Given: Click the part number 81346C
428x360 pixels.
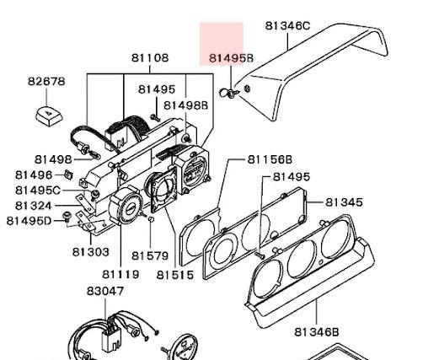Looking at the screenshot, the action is tap(287, 26).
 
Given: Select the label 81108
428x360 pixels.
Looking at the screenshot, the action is tap(150, 58).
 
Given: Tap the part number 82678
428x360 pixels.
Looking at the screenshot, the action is tap(46, 81).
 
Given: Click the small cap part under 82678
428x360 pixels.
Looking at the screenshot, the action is tap(50, 116).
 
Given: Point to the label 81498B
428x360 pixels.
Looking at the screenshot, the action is tap(185, 105).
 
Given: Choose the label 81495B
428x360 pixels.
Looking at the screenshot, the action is tap(232, 58).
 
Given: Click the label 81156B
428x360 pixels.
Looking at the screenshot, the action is tap(270, 159).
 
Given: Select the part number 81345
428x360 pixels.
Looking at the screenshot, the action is tap(344, 202).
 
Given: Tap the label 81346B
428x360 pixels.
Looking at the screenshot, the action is tap(317, 332).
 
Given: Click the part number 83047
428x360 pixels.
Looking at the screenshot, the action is tap(105, 291).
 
